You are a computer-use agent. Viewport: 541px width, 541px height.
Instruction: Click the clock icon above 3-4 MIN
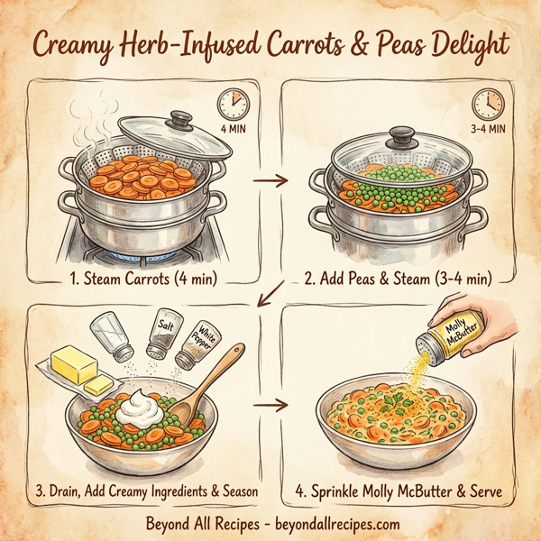click(x=487, y=103)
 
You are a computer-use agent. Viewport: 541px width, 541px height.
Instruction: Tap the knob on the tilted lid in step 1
click(x=182, y=118)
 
